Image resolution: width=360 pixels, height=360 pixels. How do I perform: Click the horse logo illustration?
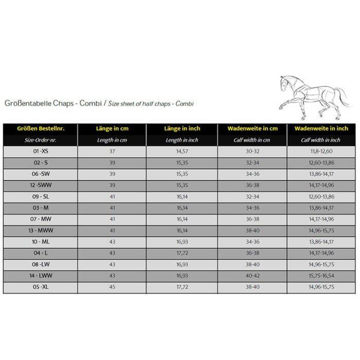pos(316,90)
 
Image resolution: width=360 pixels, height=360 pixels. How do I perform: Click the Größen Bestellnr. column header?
pos(41,128)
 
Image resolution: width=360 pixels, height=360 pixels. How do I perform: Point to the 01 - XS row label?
pos(41,151)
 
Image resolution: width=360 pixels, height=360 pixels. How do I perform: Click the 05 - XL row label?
pos(41,286)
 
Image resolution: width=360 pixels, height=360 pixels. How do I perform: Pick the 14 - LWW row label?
pos(41,275)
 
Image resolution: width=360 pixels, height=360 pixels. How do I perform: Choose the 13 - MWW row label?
pos(41,230)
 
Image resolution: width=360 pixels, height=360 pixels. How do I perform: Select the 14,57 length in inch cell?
pos(182,151)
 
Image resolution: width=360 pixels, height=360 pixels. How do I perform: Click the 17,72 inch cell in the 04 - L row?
pos(182,253)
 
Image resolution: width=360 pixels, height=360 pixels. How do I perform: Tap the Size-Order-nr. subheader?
pos(41,140)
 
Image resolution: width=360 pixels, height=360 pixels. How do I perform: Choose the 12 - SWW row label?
pos(41,185)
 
